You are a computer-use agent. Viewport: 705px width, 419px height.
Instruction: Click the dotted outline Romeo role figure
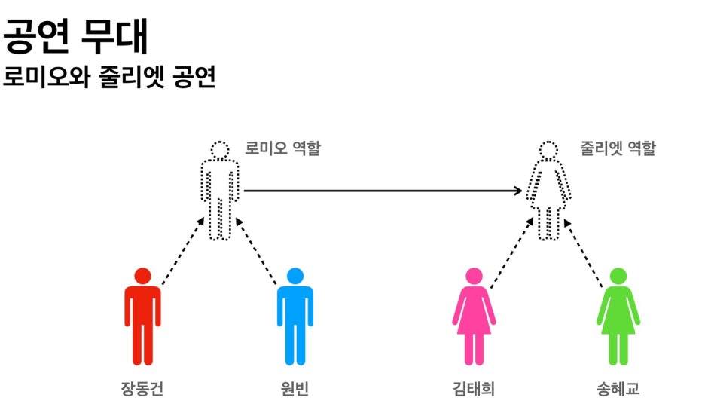(x=219, y=194)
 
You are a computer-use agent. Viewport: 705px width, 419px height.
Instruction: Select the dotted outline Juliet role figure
(x=549, y=194)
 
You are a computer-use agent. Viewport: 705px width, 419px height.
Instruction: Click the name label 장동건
(x=142, y=389)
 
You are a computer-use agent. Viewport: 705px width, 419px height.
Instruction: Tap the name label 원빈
(x=295, y=389)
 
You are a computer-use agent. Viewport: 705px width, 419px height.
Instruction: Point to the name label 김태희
(x=474, y=389)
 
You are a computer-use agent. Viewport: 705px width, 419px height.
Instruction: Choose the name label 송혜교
(x=618, y=389)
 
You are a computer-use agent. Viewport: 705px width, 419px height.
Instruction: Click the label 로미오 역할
(x=282, y=148)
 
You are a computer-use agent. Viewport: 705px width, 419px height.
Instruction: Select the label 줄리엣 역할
(x=618, y=148)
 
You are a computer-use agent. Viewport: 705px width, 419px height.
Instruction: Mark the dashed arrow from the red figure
(x=183, y=251)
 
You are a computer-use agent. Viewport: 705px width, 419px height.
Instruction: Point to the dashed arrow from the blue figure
(x=258, y=251)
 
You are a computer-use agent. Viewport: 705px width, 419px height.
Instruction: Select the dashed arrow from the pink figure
(x=512, y=251)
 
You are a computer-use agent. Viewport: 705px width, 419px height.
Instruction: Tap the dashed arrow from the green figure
(x=585, y=251)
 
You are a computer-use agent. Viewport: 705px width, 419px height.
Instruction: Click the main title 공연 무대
(x=76, y=35)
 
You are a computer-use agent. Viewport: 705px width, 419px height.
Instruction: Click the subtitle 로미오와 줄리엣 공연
(x=109, y=77)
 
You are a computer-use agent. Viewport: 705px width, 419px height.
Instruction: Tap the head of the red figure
(x=142, y=276)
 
